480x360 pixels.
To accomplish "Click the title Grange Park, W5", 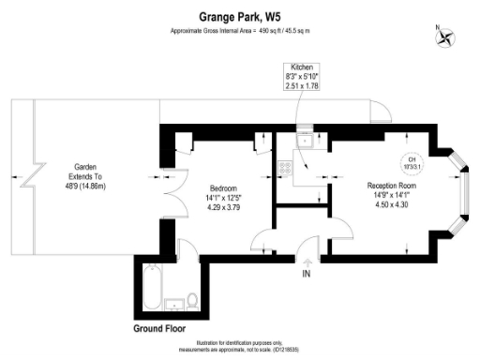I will [x=240, y=16].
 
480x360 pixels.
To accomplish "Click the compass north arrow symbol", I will [x=446, y=38].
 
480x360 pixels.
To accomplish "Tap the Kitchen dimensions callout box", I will [x=303, y=78].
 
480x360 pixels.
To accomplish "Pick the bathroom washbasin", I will [x=173, y=304].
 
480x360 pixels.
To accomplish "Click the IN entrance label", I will [x=306, y=274].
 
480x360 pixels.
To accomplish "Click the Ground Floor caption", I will [x=158, y=330].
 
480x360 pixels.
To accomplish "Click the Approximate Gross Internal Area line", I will [x=240, y=31].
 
